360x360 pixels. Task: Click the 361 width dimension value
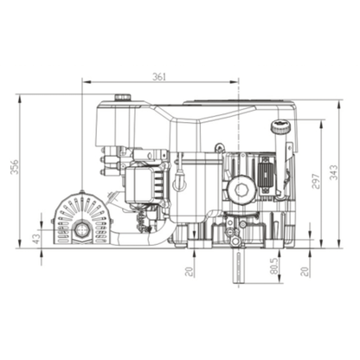[158, 77]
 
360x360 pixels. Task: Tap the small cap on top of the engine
[122, 97]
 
